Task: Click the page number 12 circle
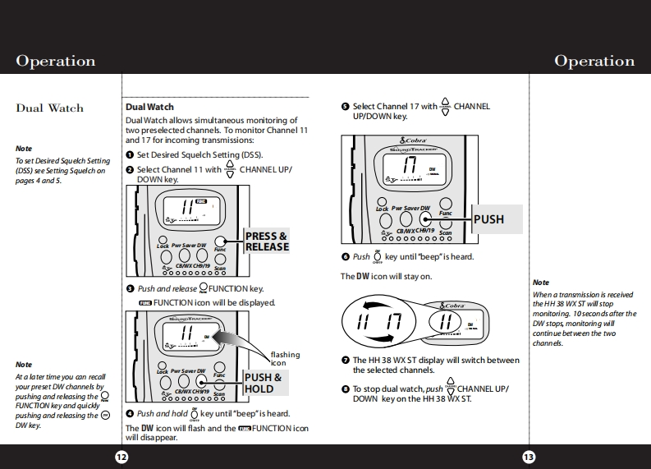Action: click(x=121, y=458)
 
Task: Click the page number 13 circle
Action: click(x=529, y=458)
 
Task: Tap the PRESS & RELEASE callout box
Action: click(x=267, y=241)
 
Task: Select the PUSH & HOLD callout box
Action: click(x=264, y=383)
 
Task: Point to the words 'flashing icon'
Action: click(x=285, y=358)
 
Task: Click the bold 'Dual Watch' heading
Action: click(x=149, y=107)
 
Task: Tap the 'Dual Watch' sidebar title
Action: click(x=50, y=108)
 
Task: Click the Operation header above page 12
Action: click(x=56, y=62)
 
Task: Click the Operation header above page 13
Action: click(x=594, y=62)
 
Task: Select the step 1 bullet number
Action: click(x=130, y=155)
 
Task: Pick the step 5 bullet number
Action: click(x=345, y=107)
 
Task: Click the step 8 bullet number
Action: click(x=345, y=389)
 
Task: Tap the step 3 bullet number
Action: click(x=130, y=289)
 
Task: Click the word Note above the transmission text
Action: click(x=541, y=283)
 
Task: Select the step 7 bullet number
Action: click(x=345, y=361)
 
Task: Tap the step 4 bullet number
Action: click(x=130, y=414)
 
